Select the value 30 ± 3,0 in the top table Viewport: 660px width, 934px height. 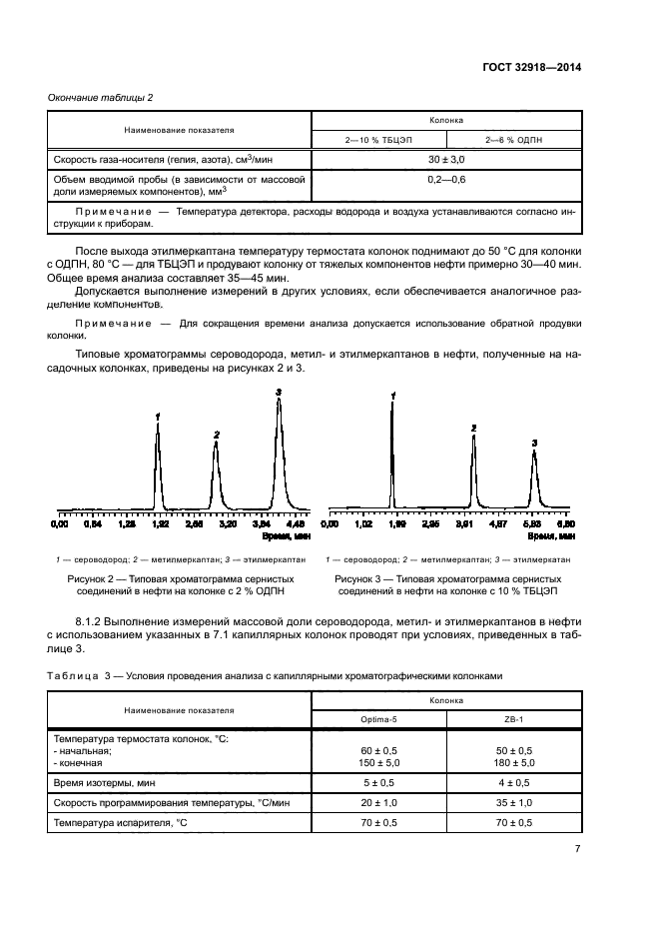pos(445,159)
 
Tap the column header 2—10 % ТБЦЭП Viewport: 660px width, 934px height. pos(378,140)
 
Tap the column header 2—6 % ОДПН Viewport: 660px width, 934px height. pos(512,140)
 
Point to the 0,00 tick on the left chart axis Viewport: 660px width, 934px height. pos(60,522)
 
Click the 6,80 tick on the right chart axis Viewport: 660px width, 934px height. pos(566,522)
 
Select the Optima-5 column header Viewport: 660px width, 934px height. pos(378,719)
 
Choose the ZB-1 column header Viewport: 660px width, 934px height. pos(512,719)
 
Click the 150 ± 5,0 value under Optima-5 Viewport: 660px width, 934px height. pos(378,762)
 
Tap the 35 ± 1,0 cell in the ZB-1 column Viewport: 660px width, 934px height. pos(512,803)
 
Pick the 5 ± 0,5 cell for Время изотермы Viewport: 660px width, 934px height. pos(378,783)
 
